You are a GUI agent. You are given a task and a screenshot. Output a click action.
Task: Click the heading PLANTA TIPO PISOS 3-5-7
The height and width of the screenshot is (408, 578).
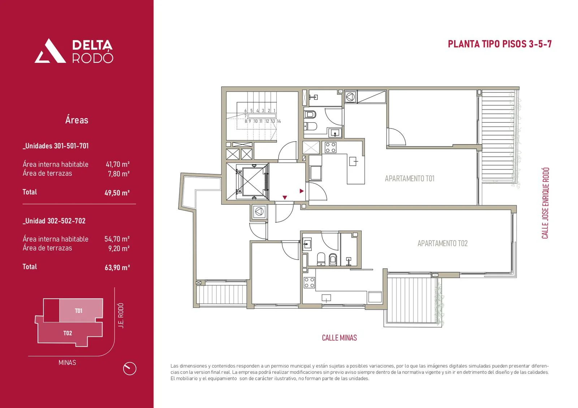click(500, 44)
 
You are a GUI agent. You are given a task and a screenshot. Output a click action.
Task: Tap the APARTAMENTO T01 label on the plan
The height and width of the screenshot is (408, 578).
click(409, 178)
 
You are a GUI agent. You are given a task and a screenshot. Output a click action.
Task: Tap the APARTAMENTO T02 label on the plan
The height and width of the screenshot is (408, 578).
click(442, 243)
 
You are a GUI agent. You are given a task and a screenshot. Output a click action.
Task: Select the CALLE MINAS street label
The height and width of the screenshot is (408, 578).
click(339, 338)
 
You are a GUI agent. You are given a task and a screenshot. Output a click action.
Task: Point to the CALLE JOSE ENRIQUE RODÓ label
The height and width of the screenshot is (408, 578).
click(545, 203)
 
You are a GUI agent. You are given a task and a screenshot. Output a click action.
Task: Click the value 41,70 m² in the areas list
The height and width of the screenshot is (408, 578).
click(117, 164)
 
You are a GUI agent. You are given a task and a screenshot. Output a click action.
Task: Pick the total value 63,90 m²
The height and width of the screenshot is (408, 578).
click(117, 268)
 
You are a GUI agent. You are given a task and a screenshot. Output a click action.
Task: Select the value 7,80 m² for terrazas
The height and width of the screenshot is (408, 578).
click(118, 174)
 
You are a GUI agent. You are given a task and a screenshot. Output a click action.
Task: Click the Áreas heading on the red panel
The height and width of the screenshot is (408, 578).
click(77, 120)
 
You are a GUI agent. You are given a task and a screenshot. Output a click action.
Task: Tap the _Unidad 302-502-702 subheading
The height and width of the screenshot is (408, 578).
click(54, 221)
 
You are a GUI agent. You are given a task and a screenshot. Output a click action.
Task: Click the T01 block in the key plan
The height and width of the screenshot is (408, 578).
click(79, 311)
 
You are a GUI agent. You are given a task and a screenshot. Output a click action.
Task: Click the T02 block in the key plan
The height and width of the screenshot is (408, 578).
click(68, 333)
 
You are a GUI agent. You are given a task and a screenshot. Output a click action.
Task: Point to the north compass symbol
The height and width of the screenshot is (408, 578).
click(129, 369)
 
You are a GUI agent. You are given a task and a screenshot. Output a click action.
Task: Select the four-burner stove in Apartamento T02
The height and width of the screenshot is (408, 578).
click(309, 282)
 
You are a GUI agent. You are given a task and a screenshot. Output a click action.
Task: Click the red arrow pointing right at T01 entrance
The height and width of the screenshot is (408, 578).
click(302, 191)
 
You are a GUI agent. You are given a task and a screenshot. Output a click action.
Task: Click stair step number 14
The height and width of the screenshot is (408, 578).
click(279, 121)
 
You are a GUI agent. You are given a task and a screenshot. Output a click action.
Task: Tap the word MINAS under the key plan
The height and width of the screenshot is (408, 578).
click(67, 363)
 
